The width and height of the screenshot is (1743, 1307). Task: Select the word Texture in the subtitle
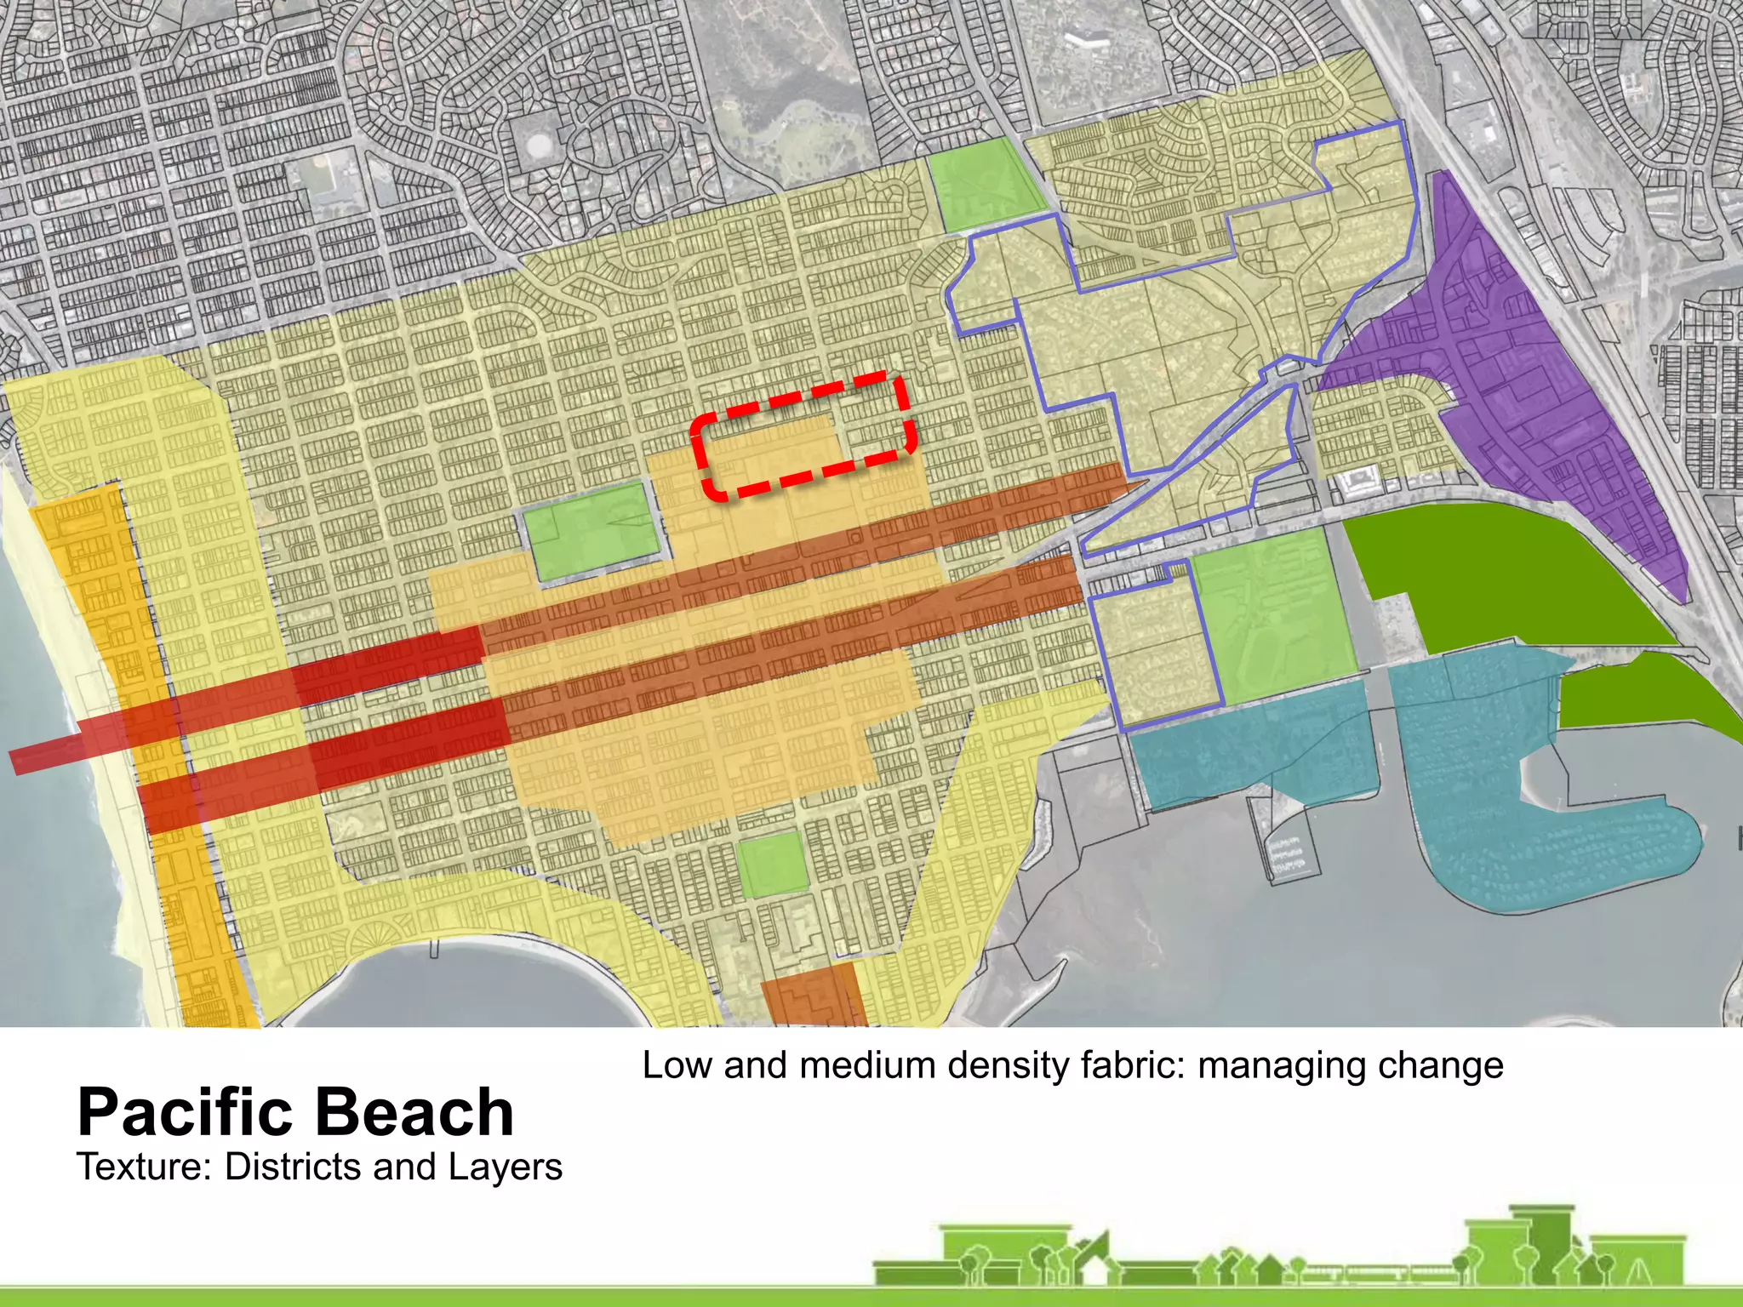pos(142,1167)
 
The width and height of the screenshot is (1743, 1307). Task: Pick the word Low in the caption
pos(677,1065)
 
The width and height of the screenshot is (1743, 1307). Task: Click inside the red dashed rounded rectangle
pos(804,436)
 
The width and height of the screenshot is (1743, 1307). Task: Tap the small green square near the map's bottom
pos(770,865)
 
